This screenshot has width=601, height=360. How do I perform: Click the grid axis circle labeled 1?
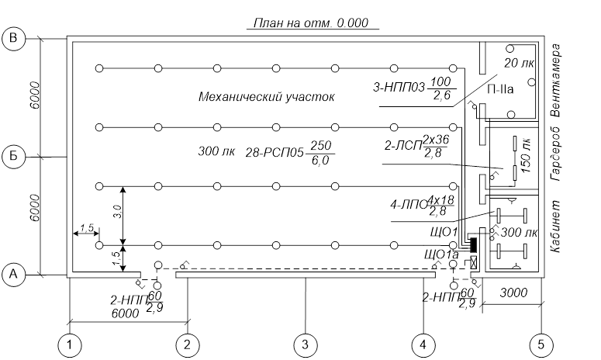coord(71,344)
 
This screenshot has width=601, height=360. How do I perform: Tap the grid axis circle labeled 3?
coord(305,344)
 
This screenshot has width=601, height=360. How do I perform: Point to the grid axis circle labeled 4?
coord(423,344)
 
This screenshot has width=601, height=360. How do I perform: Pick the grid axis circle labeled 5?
coord(541,344)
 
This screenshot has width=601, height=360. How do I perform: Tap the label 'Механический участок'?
coord(266,98)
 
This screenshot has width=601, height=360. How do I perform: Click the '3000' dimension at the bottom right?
coord(513,295)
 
